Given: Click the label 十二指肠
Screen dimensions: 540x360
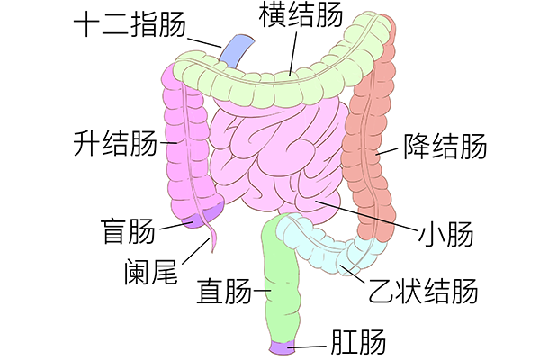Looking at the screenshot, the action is pyautogui.click(x=130, y=24).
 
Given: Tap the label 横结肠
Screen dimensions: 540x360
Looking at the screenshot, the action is pyautogui.click(x=301, y=14).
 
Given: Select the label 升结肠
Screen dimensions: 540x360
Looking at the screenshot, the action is pyautogui.click(x=115, y=142).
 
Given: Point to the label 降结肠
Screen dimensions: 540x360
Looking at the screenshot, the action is pyautogui.click(x=445, y=147).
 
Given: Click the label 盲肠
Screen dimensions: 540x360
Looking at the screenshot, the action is pyautogui.click(x=128, y=231).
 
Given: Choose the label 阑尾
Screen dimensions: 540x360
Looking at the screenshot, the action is pyautogui.click(x=150, y=272).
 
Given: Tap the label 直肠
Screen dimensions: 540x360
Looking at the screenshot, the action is pyautogui.click(x=224, y=291).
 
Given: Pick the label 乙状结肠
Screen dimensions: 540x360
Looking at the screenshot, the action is pyautogui.click(x=423, y=291).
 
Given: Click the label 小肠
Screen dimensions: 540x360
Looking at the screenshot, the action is pyautogui.click(x=445, y=234).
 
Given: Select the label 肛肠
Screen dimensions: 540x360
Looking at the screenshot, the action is pyautogui.click(x=358, y=342).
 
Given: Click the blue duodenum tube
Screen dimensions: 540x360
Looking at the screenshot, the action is pyautogui.click(x=238, y=50).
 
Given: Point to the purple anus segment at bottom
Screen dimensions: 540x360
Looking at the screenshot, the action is pyautogui.click(x=283, y=346).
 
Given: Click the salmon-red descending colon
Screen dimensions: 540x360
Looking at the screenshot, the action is pyautogui.click(x=370, y=138).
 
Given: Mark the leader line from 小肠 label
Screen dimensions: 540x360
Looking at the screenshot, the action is pyautogui.click(x=365, y=215).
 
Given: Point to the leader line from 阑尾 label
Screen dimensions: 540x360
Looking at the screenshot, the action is pyautogui.click(x=195, y=251).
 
